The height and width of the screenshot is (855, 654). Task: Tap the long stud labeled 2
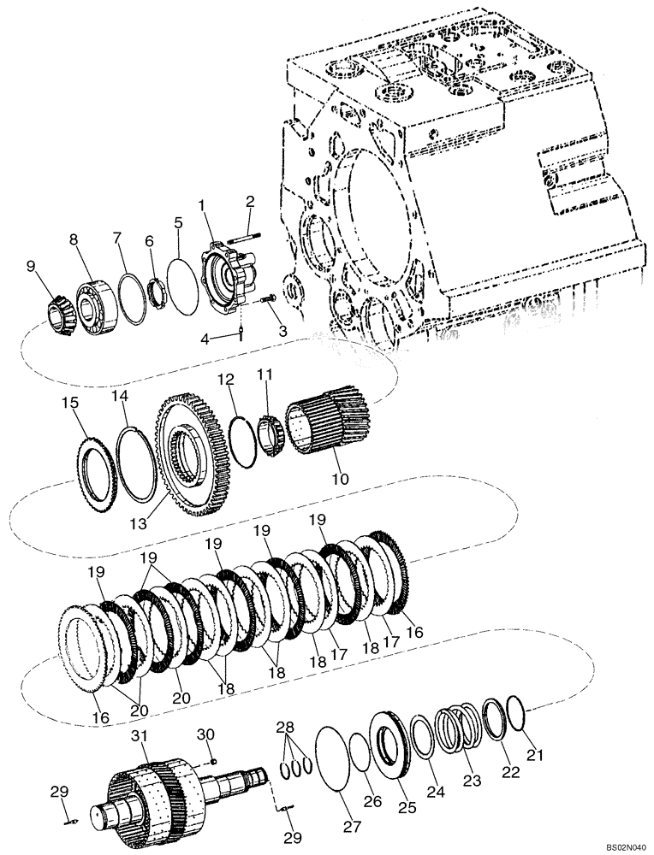point(243,227)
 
